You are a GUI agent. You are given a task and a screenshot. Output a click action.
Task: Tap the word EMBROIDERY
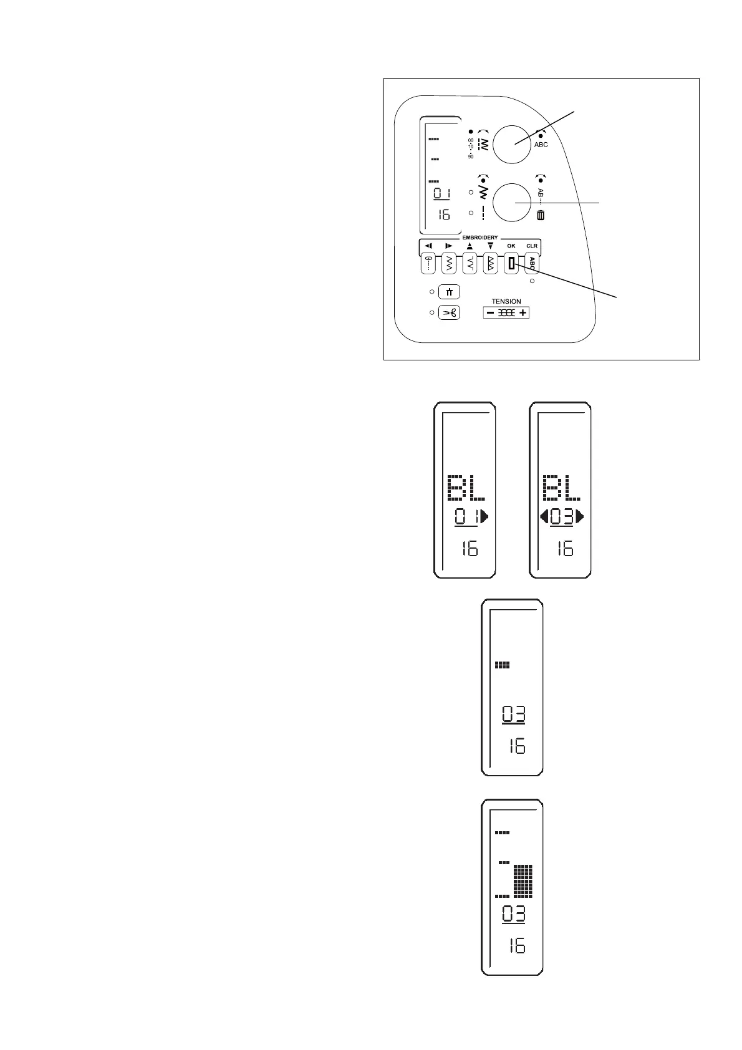(x=479, y=238)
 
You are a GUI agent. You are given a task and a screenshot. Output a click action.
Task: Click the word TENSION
(x=506, y=302)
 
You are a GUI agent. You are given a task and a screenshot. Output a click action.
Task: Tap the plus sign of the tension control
(x=523, y=312)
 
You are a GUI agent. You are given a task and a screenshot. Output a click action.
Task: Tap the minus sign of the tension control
(x=491, y=312)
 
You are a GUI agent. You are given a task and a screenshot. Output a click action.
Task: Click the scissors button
(x=449, y=312)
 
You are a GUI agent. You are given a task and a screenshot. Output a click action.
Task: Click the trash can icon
(x=540, y=216)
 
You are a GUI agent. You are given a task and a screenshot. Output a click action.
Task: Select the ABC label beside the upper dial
(x=541, y=145)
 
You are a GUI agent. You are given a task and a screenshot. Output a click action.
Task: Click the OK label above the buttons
(x=511, y=246)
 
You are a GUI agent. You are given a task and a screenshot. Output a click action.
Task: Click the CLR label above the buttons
(x=531, y=246)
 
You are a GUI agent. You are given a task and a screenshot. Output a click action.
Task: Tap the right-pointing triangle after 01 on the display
(x=484, y=516)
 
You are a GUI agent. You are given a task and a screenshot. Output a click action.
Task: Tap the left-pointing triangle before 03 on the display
(x=544, y=516)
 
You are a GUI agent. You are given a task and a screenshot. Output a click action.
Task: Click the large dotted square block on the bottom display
(x=523, y=880)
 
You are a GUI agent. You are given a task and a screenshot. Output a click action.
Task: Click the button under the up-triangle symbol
(x=470, y=264)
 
